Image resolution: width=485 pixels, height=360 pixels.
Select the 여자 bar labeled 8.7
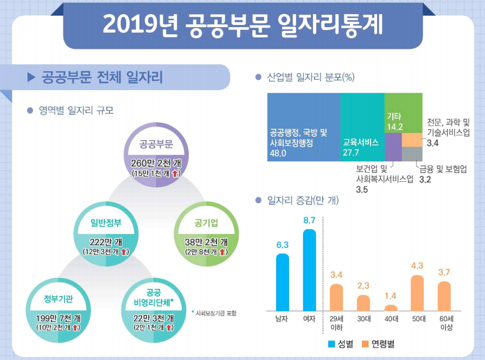tap(309, 277)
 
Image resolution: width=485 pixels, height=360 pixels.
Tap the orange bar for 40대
tap(391, 315)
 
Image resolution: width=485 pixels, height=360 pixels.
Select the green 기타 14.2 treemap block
tap(402, 112)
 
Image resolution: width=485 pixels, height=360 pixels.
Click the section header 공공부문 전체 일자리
tap(102, 77)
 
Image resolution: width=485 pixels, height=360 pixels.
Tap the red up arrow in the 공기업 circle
tap(223, 252)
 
